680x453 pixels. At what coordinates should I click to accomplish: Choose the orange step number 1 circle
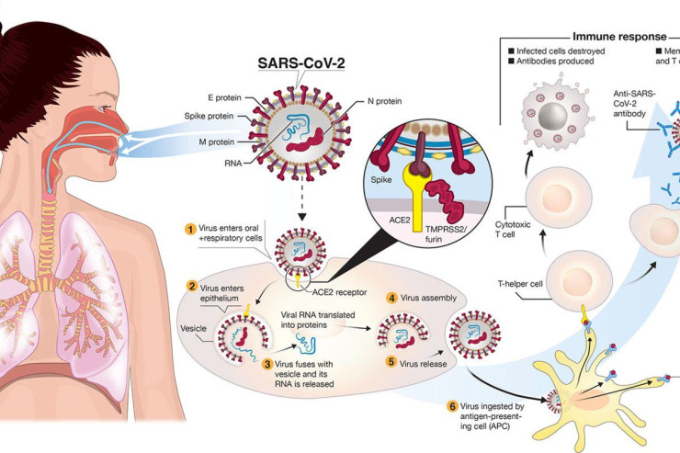pos(190,229)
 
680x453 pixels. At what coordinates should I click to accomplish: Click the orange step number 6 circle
pos(450,406)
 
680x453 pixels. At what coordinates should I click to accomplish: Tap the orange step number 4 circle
pos(391,299)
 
